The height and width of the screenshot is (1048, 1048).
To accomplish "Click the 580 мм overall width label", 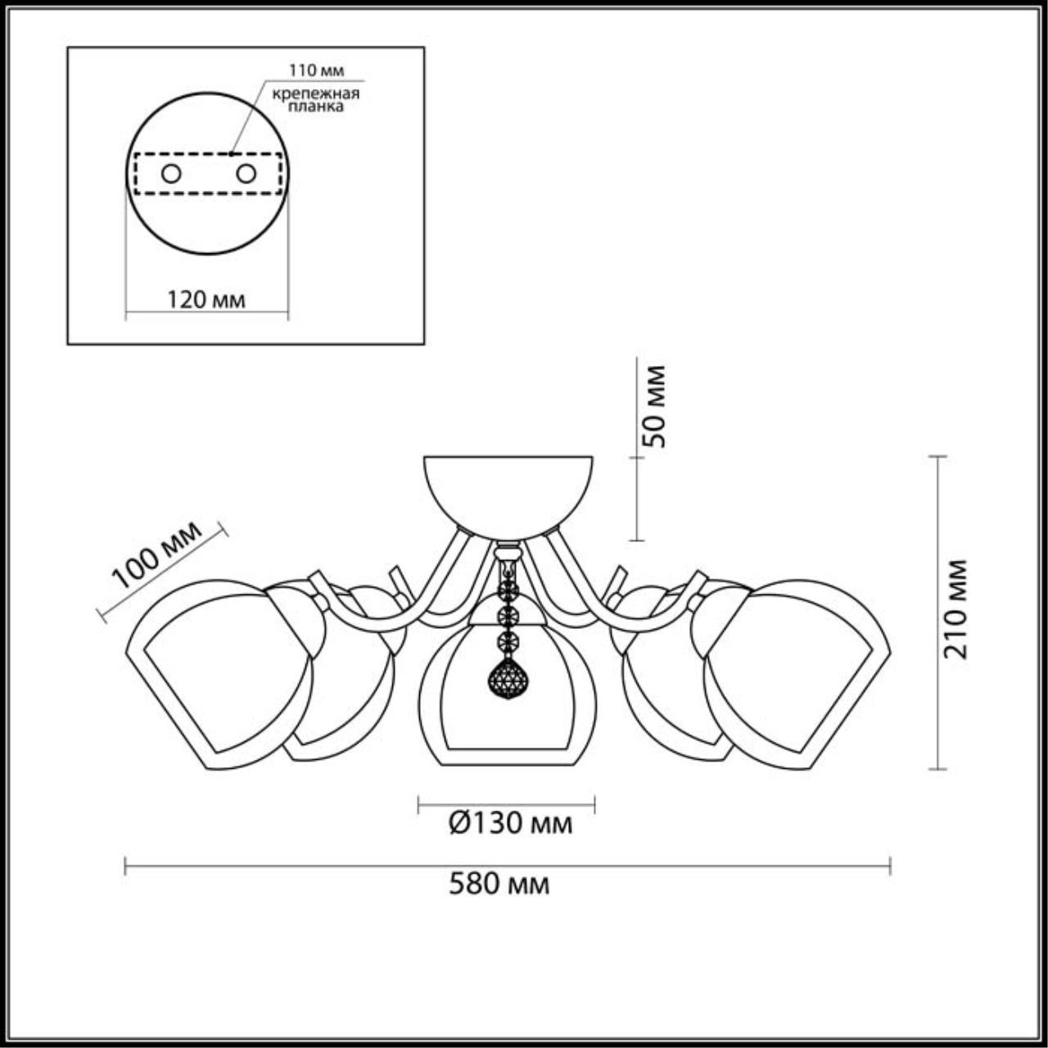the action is (x=499, y=885).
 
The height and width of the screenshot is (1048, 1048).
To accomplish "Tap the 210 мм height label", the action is (x=955, y=609).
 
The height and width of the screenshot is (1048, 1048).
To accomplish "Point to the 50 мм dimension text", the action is (x=653, y=407).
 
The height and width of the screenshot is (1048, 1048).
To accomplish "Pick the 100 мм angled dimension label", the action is (x=159, y=555).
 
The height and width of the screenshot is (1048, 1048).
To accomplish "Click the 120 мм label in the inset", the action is (x=206, y=300).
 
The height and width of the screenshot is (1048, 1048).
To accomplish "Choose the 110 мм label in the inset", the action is (x=316, y=70).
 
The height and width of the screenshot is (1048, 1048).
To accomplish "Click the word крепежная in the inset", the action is (x=316, y=93).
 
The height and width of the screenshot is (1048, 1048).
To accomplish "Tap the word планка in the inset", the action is (x=316, y=106).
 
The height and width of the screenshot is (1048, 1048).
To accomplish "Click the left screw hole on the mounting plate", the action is (x=171, y=174).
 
